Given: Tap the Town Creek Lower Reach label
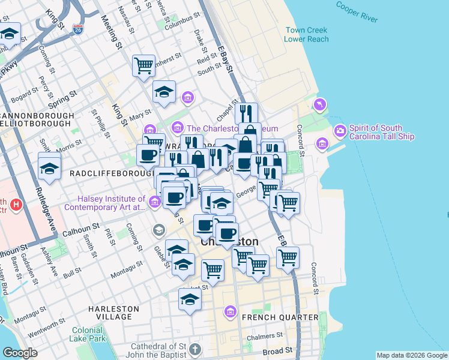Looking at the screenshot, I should [307, 34].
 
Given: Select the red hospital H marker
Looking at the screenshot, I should [17, 206].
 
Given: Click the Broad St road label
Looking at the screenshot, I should [280, 350].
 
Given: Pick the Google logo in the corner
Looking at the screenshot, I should [20, 353].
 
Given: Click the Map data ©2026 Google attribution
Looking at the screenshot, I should [411, 355].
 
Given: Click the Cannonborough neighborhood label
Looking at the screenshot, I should [37, 115].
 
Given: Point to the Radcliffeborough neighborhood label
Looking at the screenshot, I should [108, 173].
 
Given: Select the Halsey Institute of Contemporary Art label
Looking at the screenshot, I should [111, 203].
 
